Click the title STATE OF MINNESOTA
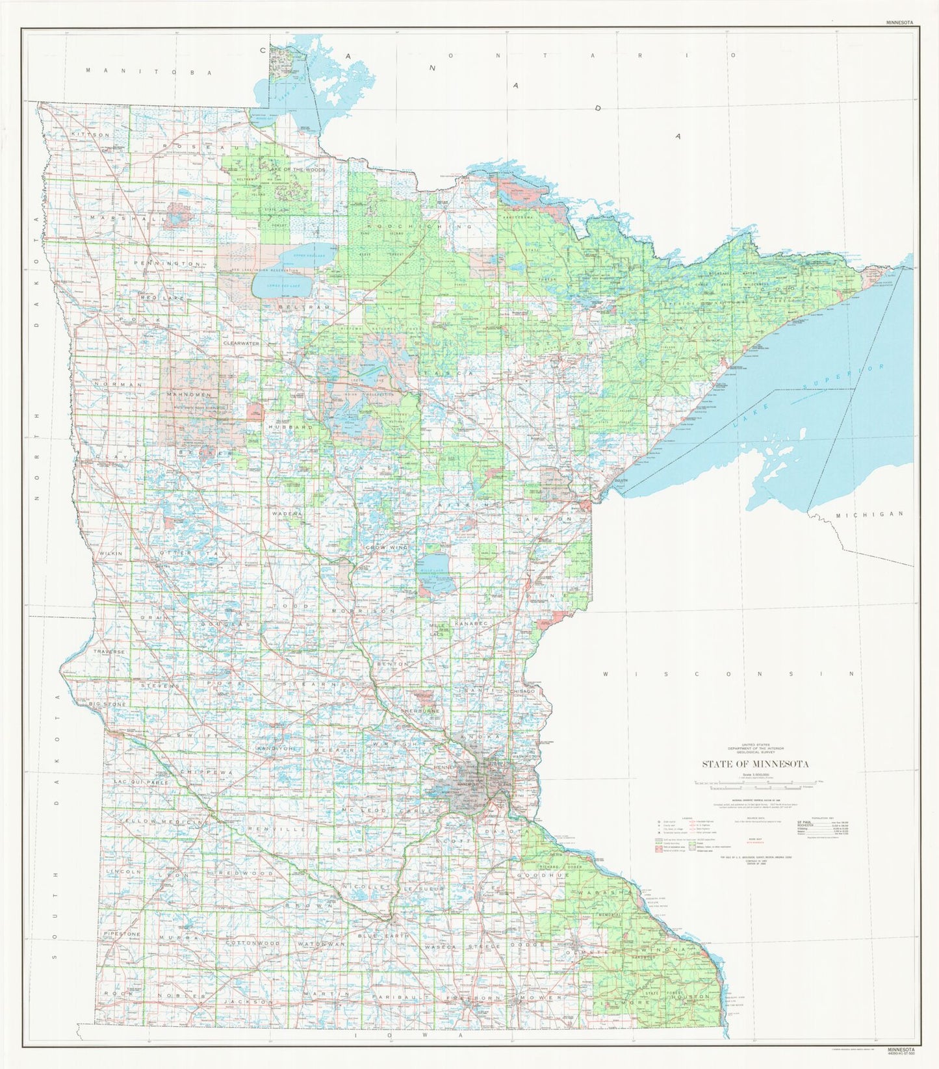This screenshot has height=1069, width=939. [x=754, y=764]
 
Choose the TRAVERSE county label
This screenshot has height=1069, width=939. [x=109, y=650]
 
